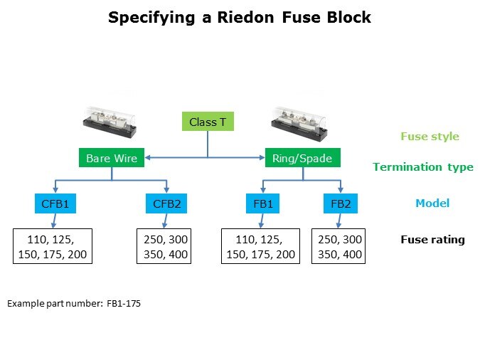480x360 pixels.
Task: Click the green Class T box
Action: [208, 122]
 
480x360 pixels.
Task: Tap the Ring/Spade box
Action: [302, 158]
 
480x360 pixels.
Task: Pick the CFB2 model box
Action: [168, 205]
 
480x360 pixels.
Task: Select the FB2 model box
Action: [341, 205]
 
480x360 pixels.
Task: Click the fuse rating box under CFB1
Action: [53, 246]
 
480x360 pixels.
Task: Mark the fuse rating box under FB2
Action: [339, 246]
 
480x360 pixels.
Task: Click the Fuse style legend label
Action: [430, 137]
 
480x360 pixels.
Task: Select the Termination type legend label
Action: [423, 167]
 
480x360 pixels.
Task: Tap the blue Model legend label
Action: [432, 203]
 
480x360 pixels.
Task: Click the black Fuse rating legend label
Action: [432, 240]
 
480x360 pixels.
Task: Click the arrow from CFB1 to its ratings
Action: [53, 221]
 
